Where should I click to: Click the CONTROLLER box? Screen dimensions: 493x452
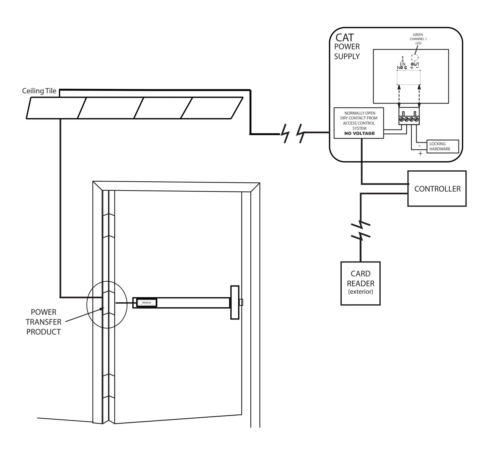coord(437,189)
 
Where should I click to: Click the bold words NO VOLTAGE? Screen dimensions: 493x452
coord(359,133)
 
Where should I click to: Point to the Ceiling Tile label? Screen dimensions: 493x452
coord(39,91)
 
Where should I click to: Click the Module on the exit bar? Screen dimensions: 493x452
coord(147,303)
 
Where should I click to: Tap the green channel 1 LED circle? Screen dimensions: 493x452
coord(414,57)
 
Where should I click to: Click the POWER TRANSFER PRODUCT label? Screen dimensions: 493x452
coord(43,322)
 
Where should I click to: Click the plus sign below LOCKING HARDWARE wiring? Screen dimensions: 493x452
coord(421,154)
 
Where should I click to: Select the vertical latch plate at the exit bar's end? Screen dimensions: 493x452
coord(235,302)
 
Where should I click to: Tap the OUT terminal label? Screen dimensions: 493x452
coord(415,64)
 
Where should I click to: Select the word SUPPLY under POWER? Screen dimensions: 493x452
coord(347,56)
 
